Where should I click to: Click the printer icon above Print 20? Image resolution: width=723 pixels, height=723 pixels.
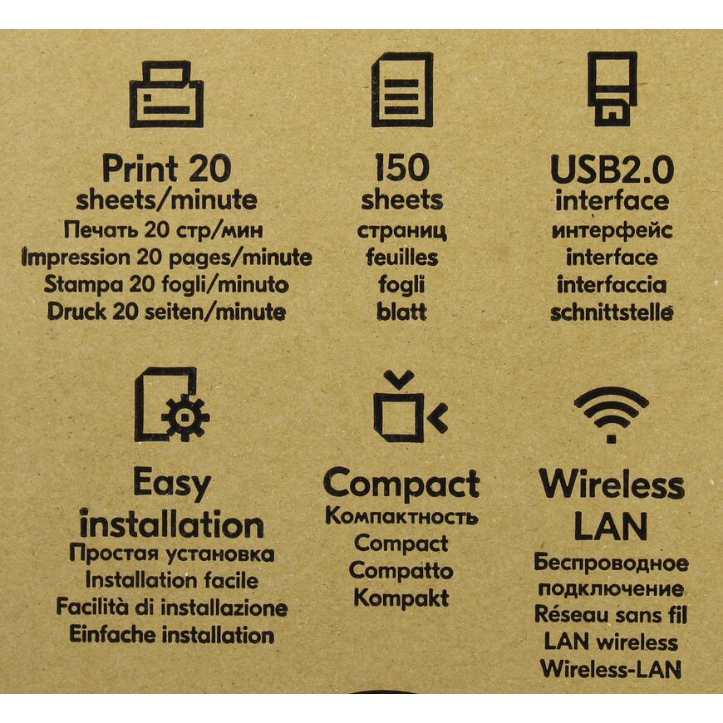166,94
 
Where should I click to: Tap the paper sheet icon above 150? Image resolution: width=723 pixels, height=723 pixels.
402,90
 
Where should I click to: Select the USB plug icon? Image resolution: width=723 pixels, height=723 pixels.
612,89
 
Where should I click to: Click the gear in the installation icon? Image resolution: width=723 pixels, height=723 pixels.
185,417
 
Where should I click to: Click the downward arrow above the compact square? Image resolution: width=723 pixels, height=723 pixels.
399,379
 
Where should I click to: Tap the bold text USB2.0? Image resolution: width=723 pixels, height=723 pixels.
612,170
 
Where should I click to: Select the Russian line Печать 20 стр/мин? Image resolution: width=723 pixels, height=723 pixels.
164,229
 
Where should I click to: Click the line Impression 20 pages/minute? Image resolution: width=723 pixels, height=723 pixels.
166,258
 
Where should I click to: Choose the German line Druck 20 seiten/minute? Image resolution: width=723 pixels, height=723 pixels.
166,312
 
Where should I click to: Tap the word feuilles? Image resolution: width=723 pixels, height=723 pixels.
401,257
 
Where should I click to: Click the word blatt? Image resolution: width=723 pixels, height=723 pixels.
401,312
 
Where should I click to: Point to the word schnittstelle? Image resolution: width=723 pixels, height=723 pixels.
612,312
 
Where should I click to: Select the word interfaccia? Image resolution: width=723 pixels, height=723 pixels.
612,284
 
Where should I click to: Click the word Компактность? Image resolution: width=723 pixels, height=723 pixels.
401,516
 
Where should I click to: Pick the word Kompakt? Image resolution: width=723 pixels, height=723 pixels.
401,598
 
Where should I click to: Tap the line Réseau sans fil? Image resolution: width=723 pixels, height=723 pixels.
611,614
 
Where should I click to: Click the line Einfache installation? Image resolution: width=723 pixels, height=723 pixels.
171,635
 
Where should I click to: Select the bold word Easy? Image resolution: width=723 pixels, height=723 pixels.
172,484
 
